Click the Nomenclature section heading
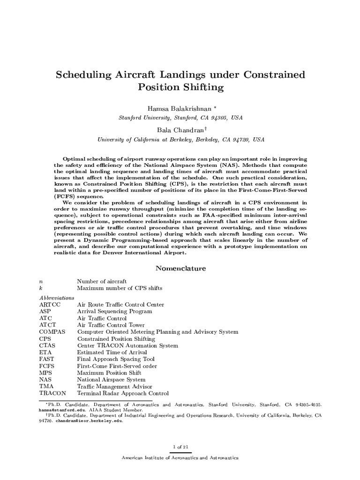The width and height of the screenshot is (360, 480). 180,269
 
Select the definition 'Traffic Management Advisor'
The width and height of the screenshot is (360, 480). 114,386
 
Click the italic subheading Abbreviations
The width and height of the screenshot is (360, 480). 56,297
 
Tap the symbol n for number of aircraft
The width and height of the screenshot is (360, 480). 41,281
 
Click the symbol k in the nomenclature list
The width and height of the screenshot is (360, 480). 41,288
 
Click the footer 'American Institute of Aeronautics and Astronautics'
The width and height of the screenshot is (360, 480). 180,457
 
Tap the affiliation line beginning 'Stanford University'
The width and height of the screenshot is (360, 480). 180,118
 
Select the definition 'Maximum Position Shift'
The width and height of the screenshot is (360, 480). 108,373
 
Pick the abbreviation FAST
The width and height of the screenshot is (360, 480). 48,359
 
